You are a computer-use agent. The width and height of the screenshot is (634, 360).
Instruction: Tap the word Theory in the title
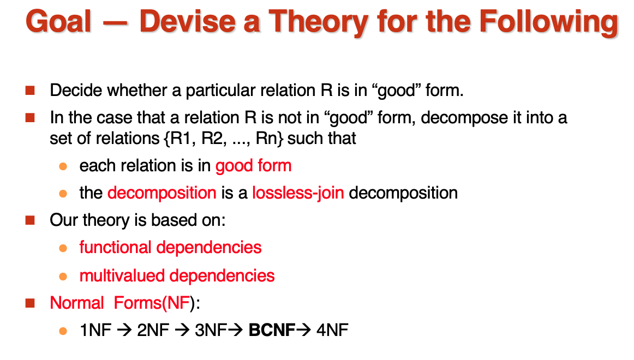(318, 22)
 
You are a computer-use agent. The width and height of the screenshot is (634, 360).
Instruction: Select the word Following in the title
(549, 22)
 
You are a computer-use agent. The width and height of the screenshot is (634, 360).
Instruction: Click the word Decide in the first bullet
(76, 90)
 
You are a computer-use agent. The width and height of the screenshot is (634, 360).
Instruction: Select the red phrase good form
(253, 166)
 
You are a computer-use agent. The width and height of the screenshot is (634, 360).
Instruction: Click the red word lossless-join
(298, 193)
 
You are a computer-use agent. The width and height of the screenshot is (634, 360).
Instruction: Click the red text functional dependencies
(170, 248)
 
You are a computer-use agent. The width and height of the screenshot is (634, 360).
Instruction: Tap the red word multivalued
(123, 275)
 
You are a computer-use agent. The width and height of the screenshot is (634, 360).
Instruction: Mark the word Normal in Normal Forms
(77, 303)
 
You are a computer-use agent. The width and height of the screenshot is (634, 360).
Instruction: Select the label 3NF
(211, 330)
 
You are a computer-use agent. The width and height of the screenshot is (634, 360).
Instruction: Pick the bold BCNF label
(272, 330)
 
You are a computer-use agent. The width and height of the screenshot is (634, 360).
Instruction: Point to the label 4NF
(332, 330)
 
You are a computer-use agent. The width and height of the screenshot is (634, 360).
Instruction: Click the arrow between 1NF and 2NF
(124, 331)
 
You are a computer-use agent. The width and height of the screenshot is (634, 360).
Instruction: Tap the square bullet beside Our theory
(30, 220)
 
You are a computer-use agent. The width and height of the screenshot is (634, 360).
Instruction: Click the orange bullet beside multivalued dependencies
(63, 277)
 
